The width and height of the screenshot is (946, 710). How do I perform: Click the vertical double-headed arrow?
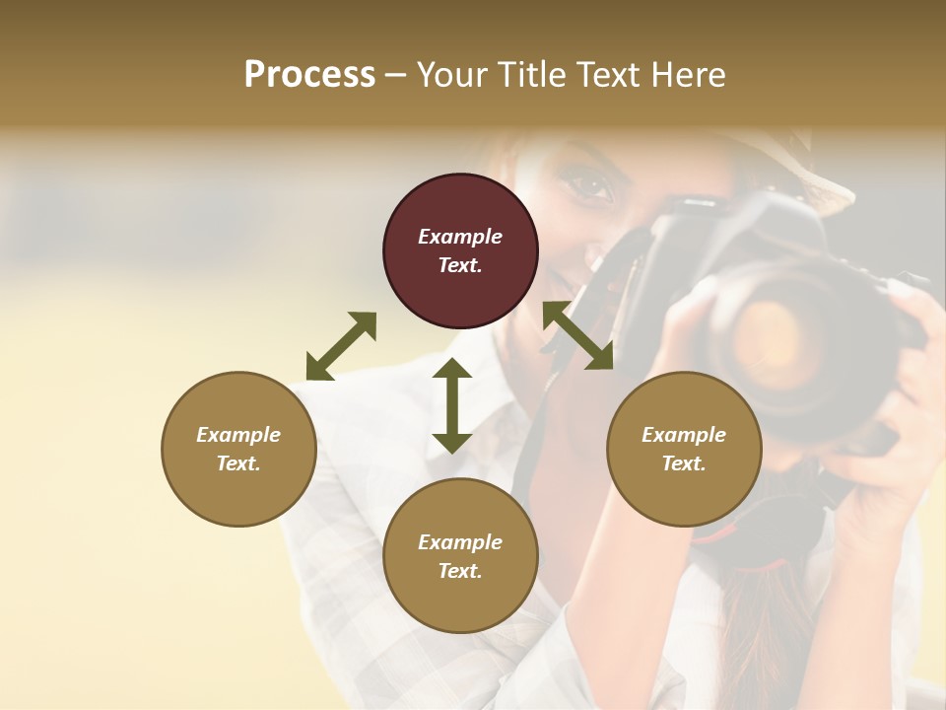point(452,405)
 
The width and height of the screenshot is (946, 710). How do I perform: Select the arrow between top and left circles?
point(341,346)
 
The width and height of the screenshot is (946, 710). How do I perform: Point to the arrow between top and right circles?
point(577,335)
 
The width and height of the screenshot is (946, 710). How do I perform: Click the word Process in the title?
point(309,74)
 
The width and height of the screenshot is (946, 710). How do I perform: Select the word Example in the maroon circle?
point(460,237)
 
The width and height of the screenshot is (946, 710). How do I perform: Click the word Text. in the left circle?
point(238,463)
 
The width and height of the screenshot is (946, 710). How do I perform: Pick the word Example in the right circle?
point(683,435)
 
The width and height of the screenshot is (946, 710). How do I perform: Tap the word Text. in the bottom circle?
point(460,571)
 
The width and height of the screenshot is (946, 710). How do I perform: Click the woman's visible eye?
point(590,185)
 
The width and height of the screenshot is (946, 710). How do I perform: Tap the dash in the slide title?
point(395,75)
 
